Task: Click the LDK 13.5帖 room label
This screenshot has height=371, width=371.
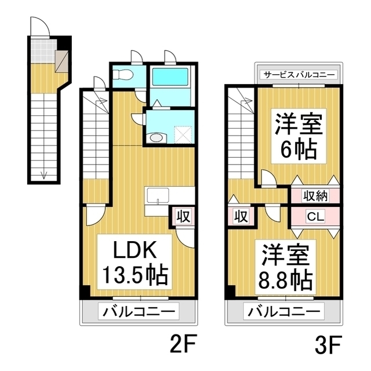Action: (134, 262)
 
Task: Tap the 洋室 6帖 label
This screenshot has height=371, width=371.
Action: (299, 136)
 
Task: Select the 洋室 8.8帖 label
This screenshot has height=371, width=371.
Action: (285, 267)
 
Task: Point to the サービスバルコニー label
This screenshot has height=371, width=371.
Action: (299, 75)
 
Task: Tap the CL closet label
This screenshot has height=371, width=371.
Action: (315, 216)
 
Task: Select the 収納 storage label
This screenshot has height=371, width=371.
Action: (315, 196)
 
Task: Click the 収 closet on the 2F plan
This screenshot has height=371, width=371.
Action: (184, 216)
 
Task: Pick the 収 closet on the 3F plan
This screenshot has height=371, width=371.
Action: (241, 216)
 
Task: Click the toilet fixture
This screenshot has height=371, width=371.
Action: (123, 75)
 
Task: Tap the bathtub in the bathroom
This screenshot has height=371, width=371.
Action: (170, 77)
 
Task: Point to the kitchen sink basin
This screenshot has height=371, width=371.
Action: (158, 195)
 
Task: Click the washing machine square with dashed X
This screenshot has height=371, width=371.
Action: (183, 134)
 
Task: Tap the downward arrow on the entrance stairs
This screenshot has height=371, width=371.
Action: (44, 175)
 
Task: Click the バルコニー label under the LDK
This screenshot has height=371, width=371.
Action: (139, 312)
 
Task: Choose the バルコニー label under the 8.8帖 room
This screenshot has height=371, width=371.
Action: (283, 312)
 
